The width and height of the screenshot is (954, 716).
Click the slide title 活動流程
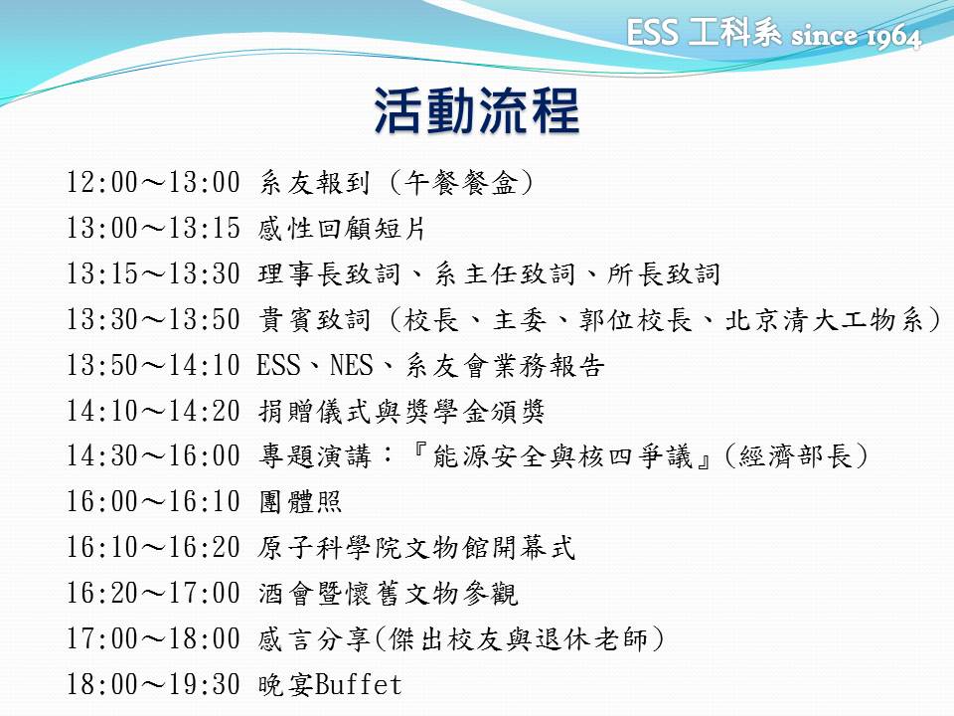pos(476,110)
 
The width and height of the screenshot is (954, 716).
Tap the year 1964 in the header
pos(893,37)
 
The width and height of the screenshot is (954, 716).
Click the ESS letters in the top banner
pos(652,32)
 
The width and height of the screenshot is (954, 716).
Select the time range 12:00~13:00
pos(153,182)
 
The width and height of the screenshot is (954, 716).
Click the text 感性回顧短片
pos(341,229)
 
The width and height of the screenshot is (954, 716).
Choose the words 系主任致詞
pos(505,274)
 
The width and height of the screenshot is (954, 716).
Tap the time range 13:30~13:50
pos(153,319)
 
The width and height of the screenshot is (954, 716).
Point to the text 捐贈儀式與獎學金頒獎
pos(400,411)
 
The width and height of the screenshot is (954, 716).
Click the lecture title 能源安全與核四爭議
pos(562,456)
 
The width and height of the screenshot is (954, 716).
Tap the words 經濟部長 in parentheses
pos(796,456)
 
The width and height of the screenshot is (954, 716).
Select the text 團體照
pos(300,502)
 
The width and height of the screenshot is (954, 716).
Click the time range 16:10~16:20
pos(153,547)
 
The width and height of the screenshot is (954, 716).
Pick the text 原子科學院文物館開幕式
pos(416,547)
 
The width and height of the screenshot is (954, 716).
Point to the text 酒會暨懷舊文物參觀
pos(388,593)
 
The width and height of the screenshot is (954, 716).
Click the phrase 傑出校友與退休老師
pos(518,638)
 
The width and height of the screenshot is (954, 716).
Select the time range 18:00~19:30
pos(153,684)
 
